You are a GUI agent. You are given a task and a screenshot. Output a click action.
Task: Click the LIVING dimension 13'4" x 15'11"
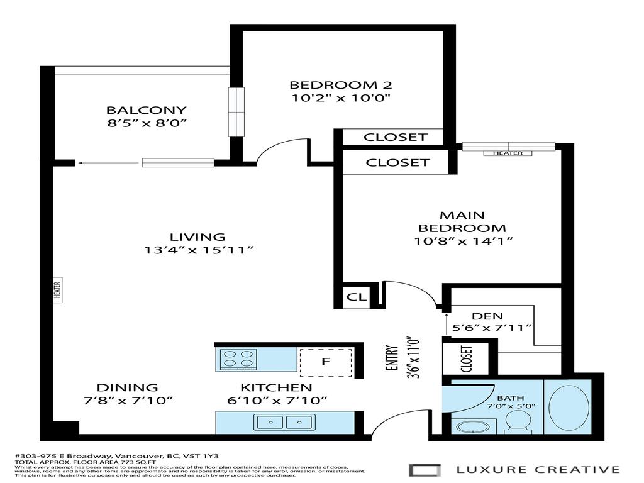click(x=197, y=250)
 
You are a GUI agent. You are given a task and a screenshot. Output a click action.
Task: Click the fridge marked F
click(x=325, y=362)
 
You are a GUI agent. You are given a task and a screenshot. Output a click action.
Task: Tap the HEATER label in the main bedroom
click(x=508, y=153)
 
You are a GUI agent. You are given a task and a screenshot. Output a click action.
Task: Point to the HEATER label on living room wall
click(x=57, y=290)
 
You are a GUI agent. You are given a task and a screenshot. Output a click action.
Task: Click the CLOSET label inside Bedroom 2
click(x=396, y=136)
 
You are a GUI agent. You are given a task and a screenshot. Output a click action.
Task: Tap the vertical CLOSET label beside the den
click(x=467, y=359)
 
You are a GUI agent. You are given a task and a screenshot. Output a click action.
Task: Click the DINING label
click(x=127, y=387)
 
